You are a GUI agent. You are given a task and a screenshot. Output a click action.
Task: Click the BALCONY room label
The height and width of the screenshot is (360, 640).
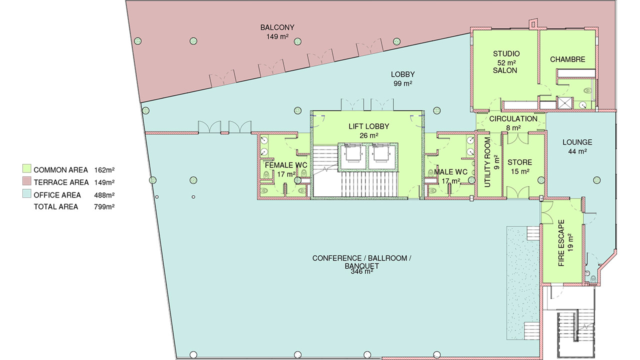click(277, 27)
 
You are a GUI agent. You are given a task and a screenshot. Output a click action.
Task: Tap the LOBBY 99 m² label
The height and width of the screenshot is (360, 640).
click(402, 79)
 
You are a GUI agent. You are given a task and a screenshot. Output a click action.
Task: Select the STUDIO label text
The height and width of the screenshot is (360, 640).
click(506, 53)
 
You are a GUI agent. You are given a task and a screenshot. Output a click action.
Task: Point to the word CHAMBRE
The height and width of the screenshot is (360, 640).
click(567, 59)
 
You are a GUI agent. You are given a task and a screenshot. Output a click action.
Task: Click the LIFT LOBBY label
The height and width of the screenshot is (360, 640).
click(368, 126)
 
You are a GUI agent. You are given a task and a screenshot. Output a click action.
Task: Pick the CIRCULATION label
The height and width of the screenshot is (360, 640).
click(513, 119)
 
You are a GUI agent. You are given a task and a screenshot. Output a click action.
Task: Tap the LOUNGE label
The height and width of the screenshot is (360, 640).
click(577, 142)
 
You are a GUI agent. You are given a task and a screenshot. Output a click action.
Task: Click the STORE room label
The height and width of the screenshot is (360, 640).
click(519, 162)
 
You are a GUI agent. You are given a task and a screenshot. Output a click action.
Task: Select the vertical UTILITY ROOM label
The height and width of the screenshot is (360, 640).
click(487, 162)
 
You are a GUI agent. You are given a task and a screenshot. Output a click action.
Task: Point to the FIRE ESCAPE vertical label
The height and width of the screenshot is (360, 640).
click(561, 243)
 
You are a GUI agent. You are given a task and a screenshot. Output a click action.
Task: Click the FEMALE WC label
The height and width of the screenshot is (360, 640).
click(286, 165)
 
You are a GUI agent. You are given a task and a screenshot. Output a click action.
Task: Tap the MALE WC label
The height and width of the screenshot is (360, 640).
click(450, 172)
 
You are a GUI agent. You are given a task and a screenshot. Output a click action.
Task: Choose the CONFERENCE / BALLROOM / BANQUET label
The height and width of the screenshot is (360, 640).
click(361, 262)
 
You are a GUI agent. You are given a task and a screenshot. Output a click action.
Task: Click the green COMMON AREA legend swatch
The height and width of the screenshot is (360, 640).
click(27, 168)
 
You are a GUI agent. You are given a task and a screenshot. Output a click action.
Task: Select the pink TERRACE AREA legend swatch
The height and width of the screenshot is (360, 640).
click(27, 181)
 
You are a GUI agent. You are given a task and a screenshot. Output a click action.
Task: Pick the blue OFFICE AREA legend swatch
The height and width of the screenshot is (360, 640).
click(27, 193)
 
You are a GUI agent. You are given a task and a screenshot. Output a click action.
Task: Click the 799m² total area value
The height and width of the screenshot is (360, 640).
click(104, 206)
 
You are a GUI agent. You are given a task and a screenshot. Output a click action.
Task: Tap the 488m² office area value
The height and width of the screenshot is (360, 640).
click(104, 195)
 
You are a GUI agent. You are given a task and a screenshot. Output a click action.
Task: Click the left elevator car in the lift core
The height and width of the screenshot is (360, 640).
click(352, 157)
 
